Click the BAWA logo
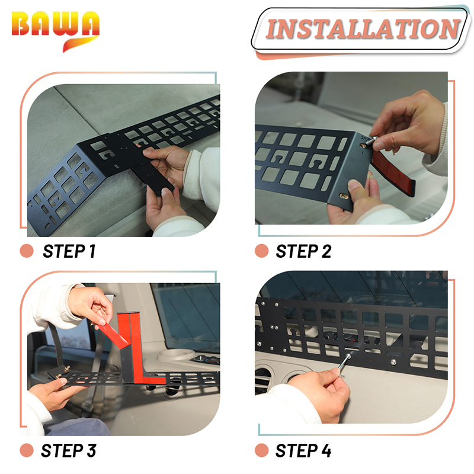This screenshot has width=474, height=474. (55, 30)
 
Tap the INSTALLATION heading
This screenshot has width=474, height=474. (363, 29)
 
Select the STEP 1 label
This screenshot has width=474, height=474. (69, 251)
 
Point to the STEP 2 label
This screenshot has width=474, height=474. (303, 251)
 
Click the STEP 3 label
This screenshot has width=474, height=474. (69, 450)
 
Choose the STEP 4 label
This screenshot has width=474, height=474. (303, 450)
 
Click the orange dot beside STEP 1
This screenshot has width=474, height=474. (27, 251)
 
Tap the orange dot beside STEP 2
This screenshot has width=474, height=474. (262, 251)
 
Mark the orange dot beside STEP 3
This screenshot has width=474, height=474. (27, 450)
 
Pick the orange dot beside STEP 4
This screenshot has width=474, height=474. (262, 450)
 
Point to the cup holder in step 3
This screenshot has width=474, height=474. (175, 354)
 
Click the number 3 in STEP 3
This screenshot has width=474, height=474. (92, 450)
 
